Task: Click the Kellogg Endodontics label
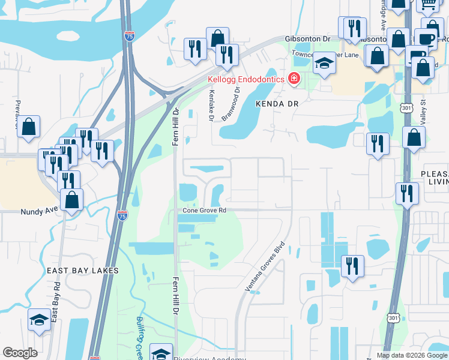[247, 79]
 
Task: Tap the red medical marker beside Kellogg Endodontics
[294, 79]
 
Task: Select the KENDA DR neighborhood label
[277, 103]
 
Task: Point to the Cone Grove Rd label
[204, 211]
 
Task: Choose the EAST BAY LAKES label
[83, 271]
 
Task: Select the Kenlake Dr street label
[211, 106]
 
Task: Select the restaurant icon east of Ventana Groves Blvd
[352, 265]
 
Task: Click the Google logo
[20, 353]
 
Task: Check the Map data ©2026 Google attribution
[412, 355]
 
